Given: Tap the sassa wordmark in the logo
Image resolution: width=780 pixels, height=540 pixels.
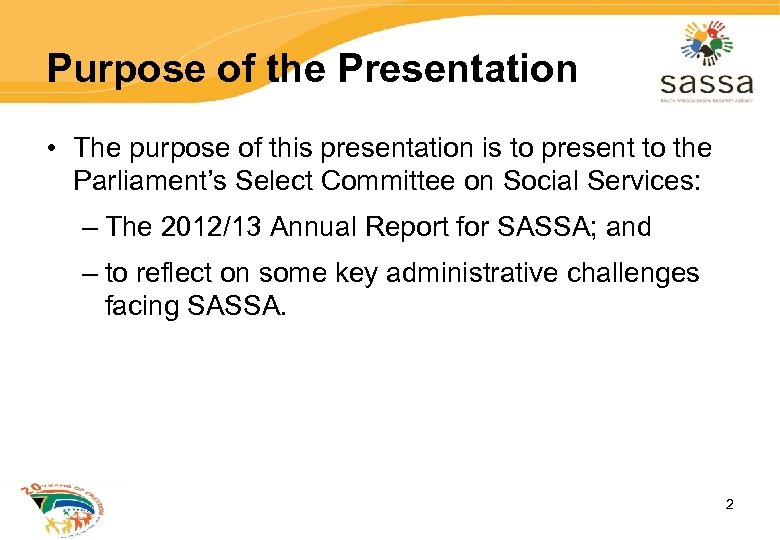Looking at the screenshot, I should (x=706, y=81).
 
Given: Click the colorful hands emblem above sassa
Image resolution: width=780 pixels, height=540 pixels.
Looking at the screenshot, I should (x=707, y=42).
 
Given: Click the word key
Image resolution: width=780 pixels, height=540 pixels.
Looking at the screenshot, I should (x=364, y=274).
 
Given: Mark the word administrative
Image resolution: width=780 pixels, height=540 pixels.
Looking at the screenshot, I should (x=485, y=274).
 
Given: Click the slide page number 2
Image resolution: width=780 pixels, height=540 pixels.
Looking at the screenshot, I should (x=729, y=504).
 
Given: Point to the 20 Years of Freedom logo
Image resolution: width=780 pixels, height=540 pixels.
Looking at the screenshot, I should (x=62, y=508).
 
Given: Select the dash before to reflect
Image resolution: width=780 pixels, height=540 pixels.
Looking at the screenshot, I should (x=91, y=274).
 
